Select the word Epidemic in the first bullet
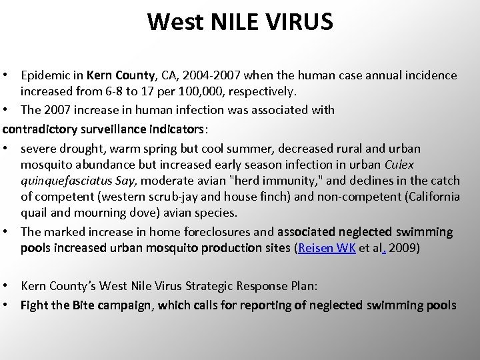45,76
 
